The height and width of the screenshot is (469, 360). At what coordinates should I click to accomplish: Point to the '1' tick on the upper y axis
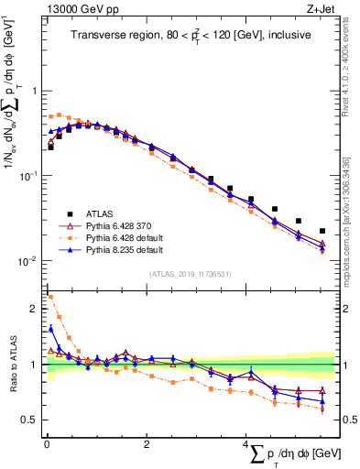click(35, 91)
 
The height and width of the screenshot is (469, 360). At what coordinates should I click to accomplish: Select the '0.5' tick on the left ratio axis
click(30, 420)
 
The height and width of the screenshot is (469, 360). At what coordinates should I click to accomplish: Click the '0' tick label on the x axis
click(47, 444)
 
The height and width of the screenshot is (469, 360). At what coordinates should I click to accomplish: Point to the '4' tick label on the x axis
click(245, 444)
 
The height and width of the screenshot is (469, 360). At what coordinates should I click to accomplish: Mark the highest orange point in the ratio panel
click(50, 297)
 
